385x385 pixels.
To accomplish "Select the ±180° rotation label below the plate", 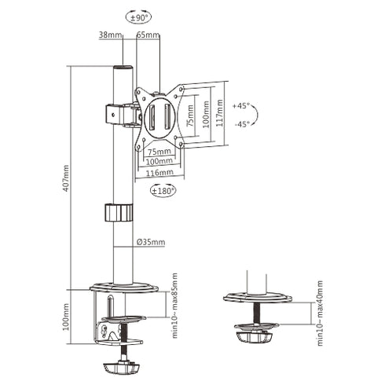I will [164, 190].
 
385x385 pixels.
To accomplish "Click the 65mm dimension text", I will [148, 35].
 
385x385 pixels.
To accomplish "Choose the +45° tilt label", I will [242, 104].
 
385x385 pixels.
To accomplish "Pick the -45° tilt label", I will [242, 123].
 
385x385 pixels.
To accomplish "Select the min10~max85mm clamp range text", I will [174, 306].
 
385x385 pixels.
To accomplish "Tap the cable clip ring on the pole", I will [119, 214].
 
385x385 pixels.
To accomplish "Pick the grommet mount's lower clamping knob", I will [255, 337].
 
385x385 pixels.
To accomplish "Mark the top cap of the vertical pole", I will [123, 69].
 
